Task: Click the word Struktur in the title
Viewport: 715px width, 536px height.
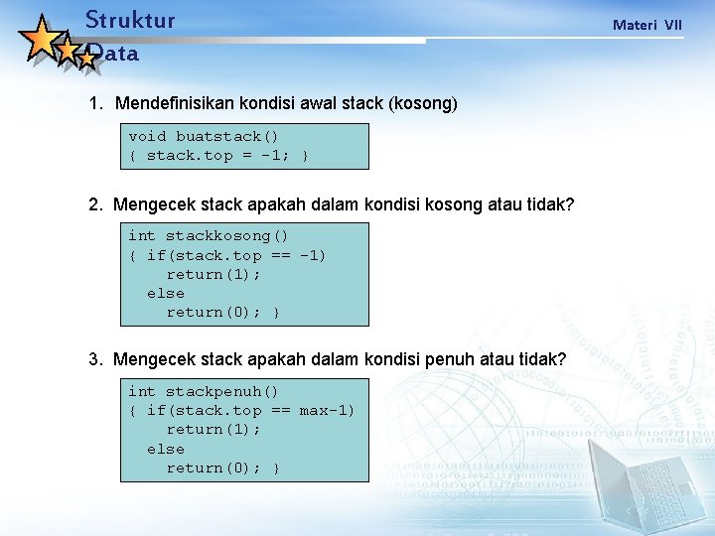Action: (x=130, y=20)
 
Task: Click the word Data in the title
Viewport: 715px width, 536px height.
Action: (x=113, y=55)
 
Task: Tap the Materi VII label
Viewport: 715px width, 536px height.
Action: (x=646, y=25)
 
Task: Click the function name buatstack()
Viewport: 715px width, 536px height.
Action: (x=227, y=136)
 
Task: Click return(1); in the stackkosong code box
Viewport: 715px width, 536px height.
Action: (x=214, y=274)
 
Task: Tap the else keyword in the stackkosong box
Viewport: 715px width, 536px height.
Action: (x=165, y=293)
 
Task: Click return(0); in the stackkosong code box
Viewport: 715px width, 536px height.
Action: (x=214, y=313)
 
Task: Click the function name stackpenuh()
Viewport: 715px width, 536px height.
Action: (x=221, y=391)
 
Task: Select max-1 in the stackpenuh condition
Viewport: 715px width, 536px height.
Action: (x=327, y=410)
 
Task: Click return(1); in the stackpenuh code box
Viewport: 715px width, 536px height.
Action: (x=214, y=430)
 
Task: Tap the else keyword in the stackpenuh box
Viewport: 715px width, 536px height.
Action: (x=165, y=449)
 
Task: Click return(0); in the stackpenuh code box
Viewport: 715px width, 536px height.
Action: (x=214, y=468)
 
